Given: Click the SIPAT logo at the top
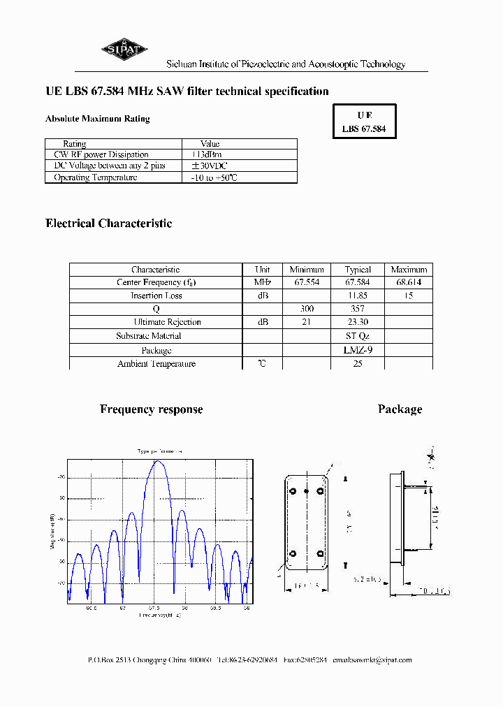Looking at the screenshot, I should point(123,49).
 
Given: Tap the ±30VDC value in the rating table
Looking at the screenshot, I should point(210,166).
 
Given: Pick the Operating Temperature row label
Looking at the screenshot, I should point(96,177).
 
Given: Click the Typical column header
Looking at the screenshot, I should point(358,270).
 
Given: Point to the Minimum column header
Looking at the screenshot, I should point(307,270).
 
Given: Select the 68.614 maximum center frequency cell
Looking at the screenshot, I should point(409,282).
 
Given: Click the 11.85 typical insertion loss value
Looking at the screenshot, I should point(358,296).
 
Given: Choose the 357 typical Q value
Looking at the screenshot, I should point(358,309).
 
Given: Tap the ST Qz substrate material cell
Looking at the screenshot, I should point(358,336).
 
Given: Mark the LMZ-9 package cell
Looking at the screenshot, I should point(358,350).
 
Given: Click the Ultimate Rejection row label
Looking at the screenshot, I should point(167,322).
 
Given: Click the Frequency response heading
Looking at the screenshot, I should point(152,409).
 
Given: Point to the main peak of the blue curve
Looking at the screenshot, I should point(159,462).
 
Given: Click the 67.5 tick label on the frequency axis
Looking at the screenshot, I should point(154,608).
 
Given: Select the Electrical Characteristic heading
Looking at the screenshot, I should point(108,224).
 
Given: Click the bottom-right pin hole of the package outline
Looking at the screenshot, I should point(321,555).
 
